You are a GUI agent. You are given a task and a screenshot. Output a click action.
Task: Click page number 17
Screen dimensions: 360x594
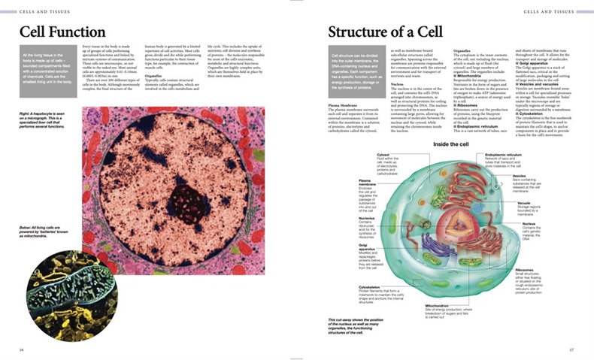click(571, 349)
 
